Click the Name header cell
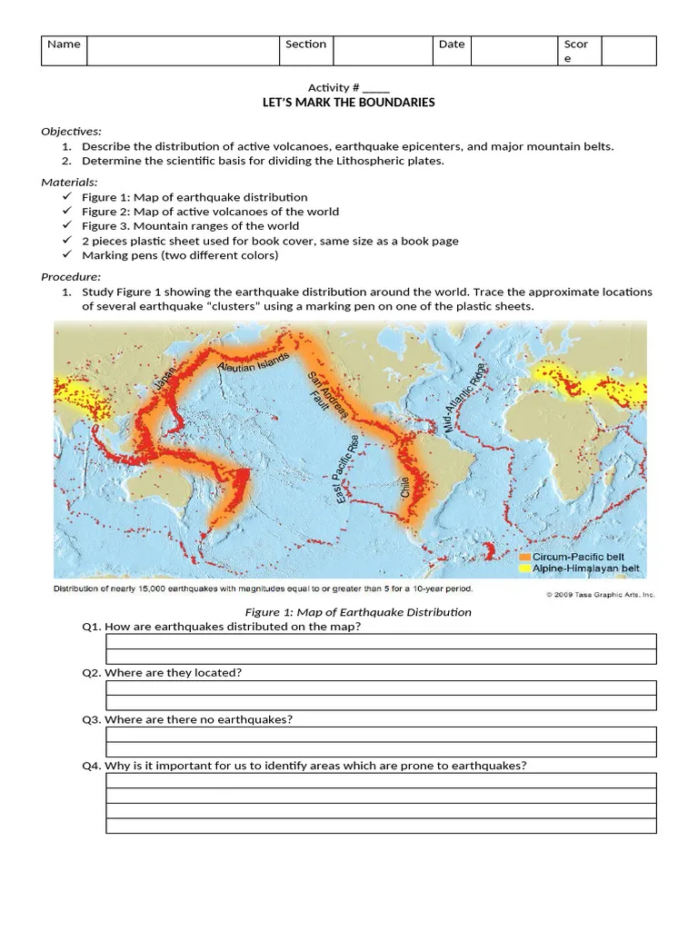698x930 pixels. click(64, 45)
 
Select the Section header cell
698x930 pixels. click(305, 45)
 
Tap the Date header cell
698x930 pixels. click(451, 45)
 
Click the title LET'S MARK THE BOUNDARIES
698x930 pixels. click(349, 103)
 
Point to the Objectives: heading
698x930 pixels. click(72, 132)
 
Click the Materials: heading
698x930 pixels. click(70, 183)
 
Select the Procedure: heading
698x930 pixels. click(72, 277)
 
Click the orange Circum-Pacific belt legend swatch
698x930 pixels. click(524, 557)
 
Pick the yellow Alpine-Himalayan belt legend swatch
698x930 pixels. click(524, 569)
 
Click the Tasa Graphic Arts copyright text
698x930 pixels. click(600, 595)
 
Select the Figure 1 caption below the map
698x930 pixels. click(358, 612)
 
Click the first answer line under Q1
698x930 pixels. click(381, 642)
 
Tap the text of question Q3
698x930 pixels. click(187, 719)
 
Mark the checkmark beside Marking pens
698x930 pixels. click(69, 255)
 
